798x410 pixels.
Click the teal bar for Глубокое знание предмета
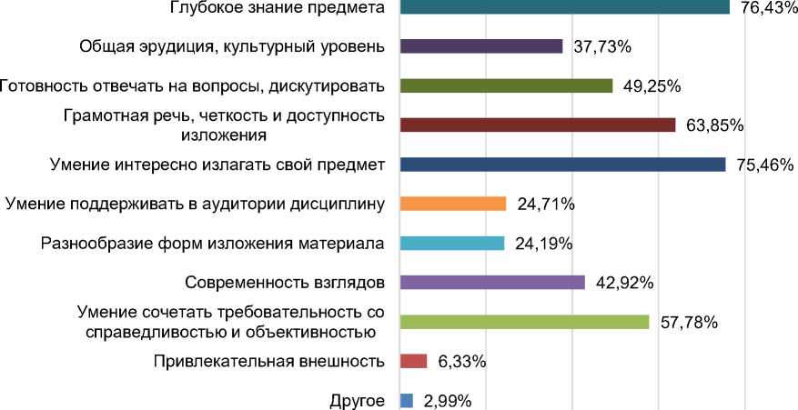click(564, 6)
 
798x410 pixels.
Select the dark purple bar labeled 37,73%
click(481, 46)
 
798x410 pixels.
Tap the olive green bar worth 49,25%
click(506, 85)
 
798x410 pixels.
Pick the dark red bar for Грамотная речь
click(538, 125)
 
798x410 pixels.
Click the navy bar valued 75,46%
click(562, 165)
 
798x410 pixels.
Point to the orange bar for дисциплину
click(453, 204)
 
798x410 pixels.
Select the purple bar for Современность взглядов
click(492, 282)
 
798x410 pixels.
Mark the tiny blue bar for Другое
click(407, 400)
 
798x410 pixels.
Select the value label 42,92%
click(624, 283)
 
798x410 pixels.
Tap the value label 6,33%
click(461, 362)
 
